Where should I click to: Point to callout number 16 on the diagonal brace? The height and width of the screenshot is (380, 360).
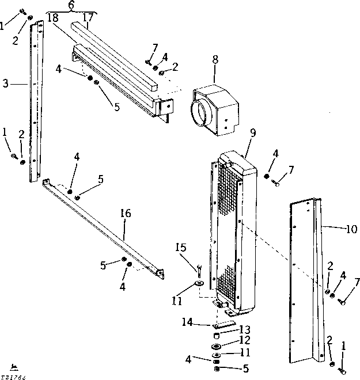126,214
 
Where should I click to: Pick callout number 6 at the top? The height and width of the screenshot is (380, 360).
71,5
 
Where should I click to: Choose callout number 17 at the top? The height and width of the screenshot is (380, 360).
88,17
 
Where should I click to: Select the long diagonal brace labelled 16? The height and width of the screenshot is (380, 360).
104,230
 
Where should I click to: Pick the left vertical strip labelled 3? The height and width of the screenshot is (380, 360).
36,104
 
